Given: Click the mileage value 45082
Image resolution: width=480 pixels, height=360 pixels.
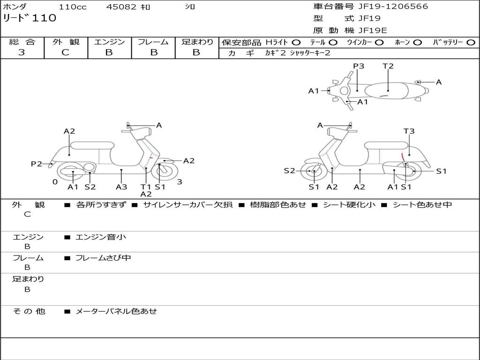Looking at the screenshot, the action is pyautogui.click(x=121, y=7).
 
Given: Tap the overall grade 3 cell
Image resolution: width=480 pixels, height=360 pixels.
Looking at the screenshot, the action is pyautogui.click(x=22, y=52).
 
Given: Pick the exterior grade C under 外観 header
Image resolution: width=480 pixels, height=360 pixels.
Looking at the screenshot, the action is pyautogui.click(x=65, y=52).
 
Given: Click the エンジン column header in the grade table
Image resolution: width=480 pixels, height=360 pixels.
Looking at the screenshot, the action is pyautogui.click(x=109, y=42).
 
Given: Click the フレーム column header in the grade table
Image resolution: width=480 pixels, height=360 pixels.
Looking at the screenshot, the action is pyautogui.click(x=153, y=42).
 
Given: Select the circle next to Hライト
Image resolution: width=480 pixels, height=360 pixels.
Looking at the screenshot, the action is pyautogui.click(x=296, y=42).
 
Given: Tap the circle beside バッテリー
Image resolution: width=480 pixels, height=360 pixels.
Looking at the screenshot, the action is pyautogui.click(x=471, y=42).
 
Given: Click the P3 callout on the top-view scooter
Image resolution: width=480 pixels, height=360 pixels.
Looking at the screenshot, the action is pyautogui.click(x=359, y=66).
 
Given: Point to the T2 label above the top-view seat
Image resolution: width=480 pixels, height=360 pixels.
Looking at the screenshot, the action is pyautogui.click(x=388, y=66).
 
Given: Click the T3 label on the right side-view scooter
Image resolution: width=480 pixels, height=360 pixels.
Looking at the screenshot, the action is pyautogui.click(x=409, y=131).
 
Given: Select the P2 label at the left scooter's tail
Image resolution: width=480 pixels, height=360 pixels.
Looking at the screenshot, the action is pyautogui.click(x=37, y=164).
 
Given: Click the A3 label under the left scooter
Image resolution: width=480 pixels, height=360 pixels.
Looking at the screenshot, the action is pyautogui.click(x=121, y=187).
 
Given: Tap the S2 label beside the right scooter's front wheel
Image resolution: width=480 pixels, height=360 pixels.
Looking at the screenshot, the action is pyautogui.click(x=290, y=171).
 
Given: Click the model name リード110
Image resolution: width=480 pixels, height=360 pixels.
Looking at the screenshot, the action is pyautogui.click(x=30, y=18).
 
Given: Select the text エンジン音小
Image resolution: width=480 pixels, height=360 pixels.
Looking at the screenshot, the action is pyautogui.click(x=101, y=237).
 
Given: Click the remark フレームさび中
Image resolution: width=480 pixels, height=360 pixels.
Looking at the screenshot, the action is pyautogui.click(x=103, y=258).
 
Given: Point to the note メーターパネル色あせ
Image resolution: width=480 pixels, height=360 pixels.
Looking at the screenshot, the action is pyautogui.click(x=116, y=311).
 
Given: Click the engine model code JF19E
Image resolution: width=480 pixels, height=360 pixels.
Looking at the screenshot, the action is pyautogui.click(x=373, y=30).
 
